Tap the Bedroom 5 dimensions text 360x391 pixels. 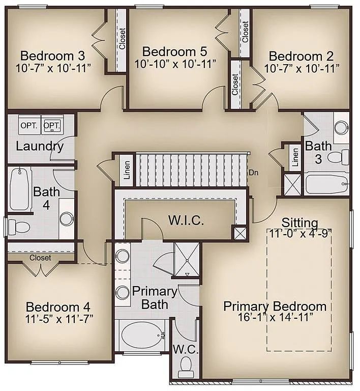coord(175,64)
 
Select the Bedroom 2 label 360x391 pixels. coord(302,56)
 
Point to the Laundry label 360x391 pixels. coord(40,147)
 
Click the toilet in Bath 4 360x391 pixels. coord(18,226)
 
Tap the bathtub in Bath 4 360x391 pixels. coord(20,189)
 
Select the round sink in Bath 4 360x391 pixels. coord(67,219)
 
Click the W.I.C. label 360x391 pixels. coord(186,221)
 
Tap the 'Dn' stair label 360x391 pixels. coord(254,173)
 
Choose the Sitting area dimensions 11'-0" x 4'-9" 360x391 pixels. coord(300,232)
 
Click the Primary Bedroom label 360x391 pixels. coord(275,306)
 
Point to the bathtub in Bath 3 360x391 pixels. coord(326,184)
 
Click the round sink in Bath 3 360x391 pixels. coord(342,127)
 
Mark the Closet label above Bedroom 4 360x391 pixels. coord(40,258)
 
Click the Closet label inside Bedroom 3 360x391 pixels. coord(122,39)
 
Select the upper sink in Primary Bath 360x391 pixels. coord(123,256)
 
